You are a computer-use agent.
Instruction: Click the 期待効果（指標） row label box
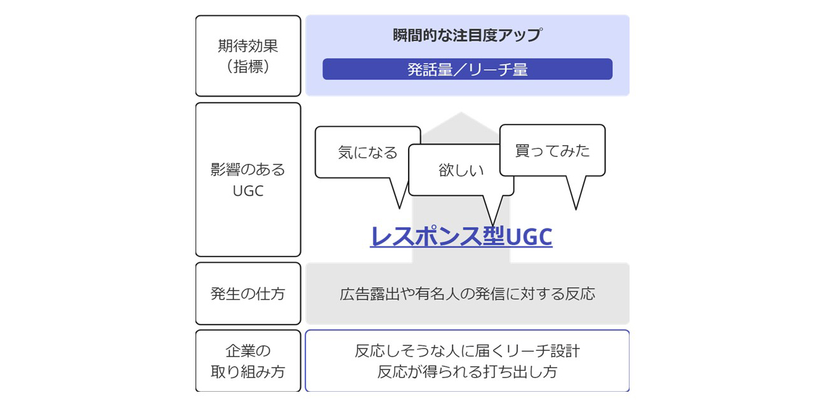[247, 56]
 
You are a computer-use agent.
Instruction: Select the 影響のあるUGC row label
[247, 180]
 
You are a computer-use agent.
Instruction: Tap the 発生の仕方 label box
[247, 293]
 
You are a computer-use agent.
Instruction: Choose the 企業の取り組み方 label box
[247, 361]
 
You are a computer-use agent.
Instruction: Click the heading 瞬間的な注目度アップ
[467, 36]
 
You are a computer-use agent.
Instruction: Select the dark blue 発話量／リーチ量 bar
[467, 69]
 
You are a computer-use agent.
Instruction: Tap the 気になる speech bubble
[367, 152]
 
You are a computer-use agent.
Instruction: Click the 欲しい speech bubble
[461, 170]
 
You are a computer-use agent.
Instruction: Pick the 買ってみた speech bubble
[552, 150]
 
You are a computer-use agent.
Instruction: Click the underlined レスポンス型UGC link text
[461, 237]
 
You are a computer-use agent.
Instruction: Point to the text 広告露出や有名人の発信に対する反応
[467, 294]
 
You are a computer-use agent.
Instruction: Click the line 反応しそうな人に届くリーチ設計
[467, 350]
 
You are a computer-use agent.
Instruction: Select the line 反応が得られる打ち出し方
[467, 371]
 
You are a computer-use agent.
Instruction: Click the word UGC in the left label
[247, 190]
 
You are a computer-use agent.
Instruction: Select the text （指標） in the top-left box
[247, 67]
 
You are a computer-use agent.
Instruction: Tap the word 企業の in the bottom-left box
[247, 350]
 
